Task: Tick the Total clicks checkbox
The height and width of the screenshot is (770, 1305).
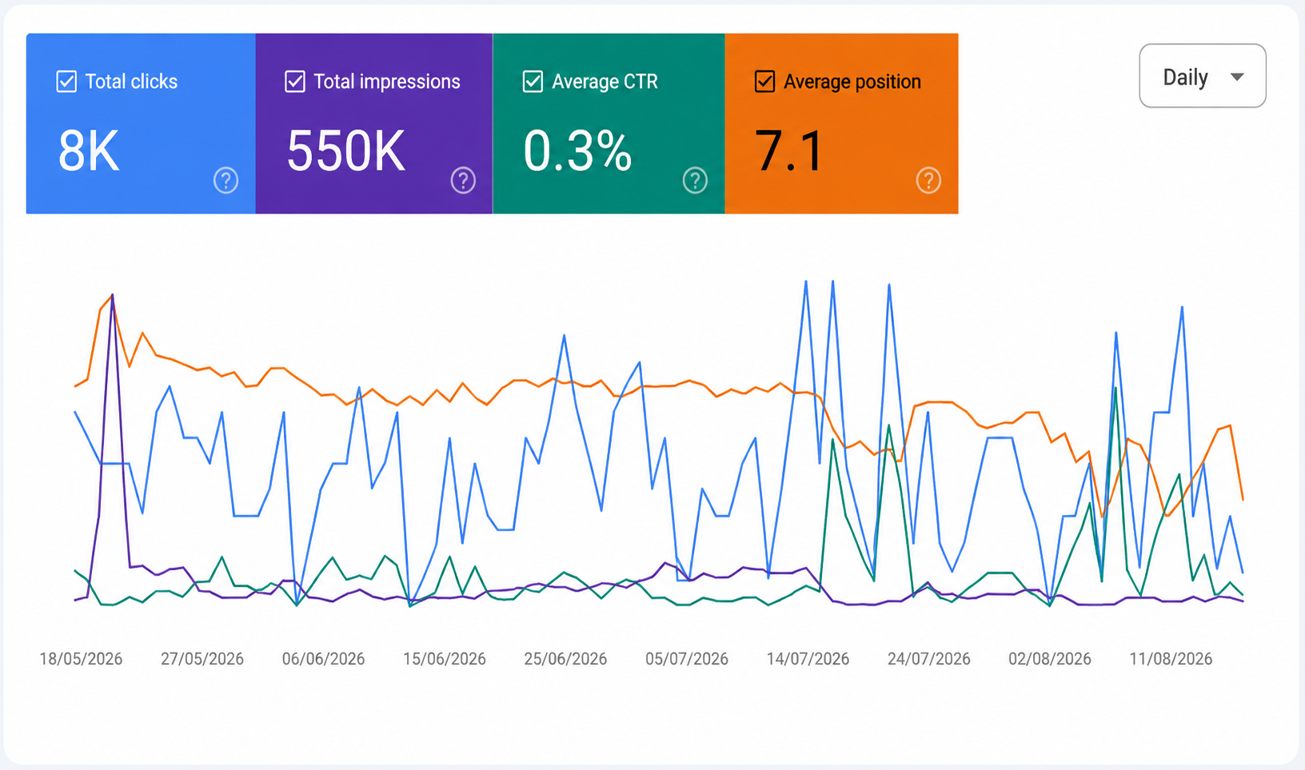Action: (66, 82)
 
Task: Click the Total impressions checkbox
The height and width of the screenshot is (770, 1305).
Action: (295, 82)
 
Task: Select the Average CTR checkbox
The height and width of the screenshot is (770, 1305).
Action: (533, 82)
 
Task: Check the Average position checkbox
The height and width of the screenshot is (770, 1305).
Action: (764, 82)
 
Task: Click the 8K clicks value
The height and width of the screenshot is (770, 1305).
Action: (89, 151)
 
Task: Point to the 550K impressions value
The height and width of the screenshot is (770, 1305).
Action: (345, 151)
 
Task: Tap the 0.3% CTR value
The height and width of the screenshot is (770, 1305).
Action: (577, 151)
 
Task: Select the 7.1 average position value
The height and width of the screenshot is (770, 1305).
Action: (788, 151)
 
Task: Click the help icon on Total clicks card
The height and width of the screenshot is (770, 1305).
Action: (225, 181)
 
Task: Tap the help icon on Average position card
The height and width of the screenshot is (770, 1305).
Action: (928, 181)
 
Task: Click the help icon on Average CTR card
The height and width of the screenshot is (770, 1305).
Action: (695, 181)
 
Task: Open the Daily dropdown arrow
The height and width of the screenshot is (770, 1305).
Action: (1237, 77)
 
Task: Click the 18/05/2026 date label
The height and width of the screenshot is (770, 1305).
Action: (81, 659)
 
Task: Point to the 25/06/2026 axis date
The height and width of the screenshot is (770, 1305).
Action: (565, 659)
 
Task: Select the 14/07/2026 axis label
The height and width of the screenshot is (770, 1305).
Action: (808, 659)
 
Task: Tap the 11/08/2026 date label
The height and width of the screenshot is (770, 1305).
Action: (1171, 659)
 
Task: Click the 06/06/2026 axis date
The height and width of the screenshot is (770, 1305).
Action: (323, 659)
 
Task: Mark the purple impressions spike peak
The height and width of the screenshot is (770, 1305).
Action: (113, 295)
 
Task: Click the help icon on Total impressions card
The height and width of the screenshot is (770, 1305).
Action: (463, 181)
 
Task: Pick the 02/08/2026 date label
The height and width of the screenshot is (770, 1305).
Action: (1050, 659)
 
